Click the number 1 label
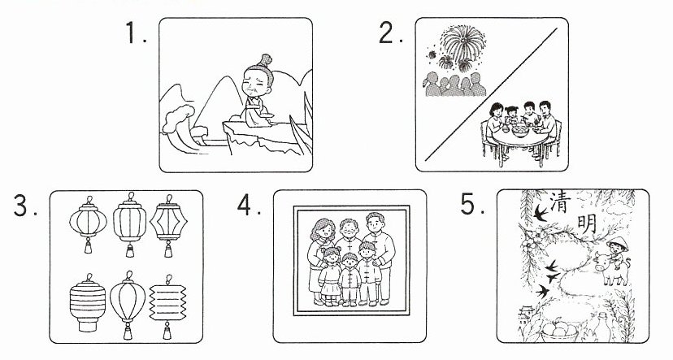(136, 33)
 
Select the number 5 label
(472, 204)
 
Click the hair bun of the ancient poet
(265, 60)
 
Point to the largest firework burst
(463, 42)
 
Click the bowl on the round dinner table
(520, 128)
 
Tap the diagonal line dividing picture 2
(492, 94)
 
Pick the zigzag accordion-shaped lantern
(167, 306)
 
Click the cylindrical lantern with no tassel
(88, 302)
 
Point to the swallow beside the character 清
(540, 213)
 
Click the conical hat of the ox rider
(618, 243)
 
